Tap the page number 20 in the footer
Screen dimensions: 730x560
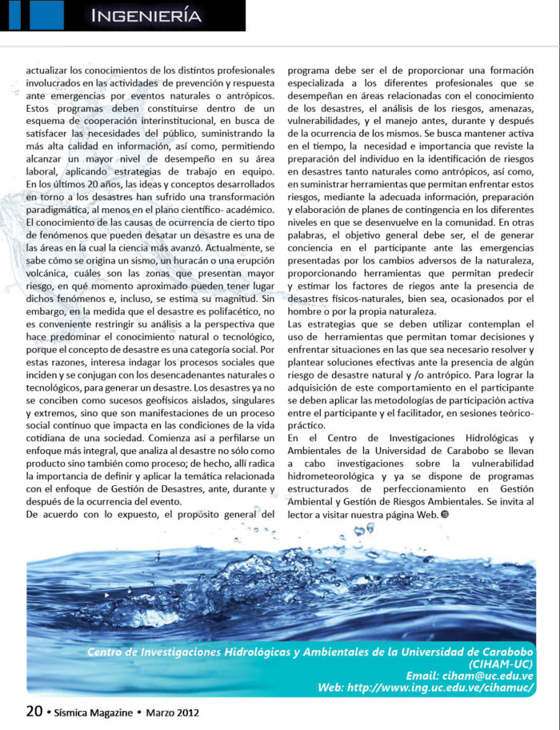(x=34, y=712)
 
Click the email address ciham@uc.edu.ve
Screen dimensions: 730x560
(x=487, y=676)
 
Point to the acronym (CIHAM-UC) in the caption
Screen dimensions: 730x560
(x=501, y=664)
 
